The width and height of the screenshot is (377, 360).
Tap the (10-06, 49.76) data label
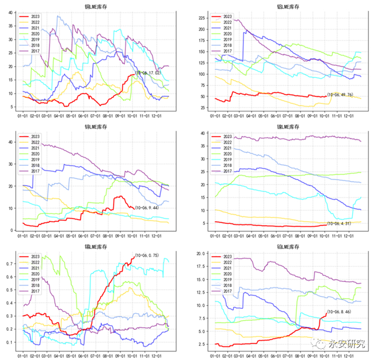coord(340,95)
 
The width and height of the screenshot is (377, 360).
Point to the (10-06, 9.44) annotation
coord(146,207)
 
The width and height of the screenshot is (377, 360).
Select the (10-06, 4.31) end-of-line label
coord(340,224)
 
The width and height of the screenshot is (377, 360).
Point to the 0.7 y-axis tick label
coord(11,264)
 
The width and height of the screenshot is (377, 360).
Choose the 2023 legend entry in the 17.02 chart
coord(35,16)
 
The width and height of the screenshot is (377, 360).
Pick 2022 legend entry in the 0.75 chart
coord(35,262)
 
